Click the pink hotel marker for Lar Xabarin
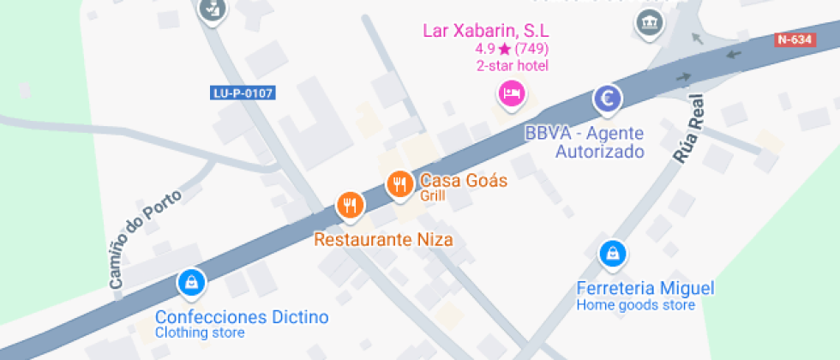coord(512,93)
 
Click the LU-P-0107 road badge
coord(243,93)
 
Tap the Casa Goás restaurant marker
coord(399,183)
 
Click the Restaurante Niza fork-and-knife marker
coord(349,205)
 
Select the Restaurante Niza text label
coord(383,239)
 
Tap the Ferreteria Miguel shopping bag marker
coord(613,253)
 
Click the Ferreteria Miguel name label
coord(645,288)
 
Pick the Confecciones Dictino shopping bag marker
coord(190,281)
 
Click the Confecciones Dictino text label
coord(242,317)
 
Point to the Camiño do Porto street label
coord(145,239)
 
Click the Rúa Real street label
coord(687,129)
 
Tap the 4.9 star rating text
coord(512,49)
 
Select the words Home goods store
coord(634,304)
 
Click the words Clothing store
coord(200,333)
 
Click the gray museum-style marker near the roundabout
coord(649,22)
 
